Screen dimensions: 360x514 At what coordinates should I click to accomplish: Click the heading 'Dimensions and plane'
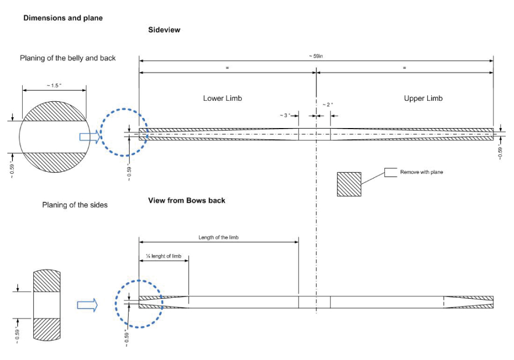coord(63,18)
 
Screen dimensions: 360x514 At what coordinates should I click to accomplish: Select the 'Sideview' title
coord(164,30)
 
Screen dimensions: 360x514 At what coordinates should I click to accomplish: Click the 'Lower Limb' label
coord(222,98)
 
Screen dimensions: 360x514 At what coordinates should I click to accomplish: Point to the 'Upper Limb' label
coord(423,98)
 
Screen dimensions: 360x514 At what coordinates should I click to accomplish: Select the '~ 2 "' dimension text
coord(328,104)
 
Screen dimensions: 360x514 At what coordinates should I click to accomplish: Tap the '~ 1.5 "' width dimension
coord(53,84)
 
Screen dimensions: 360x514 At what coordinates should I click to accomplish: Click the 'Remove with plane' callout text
coord(421,172)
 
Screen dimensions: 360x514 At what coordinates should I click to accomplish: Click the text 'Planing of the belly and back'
coord(68,58)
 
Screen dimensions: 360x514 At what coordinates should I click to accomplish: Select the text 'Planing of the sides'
coord(75,205)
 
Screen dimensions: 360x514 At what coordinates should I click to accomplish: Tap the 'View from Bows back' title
coord(187,200)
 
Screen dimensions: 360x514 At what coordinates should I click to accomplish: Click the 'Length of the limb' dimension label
coord(218,237)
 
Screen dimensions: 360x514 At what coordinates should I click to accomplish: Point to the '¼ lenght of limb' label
coord(163,256)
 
